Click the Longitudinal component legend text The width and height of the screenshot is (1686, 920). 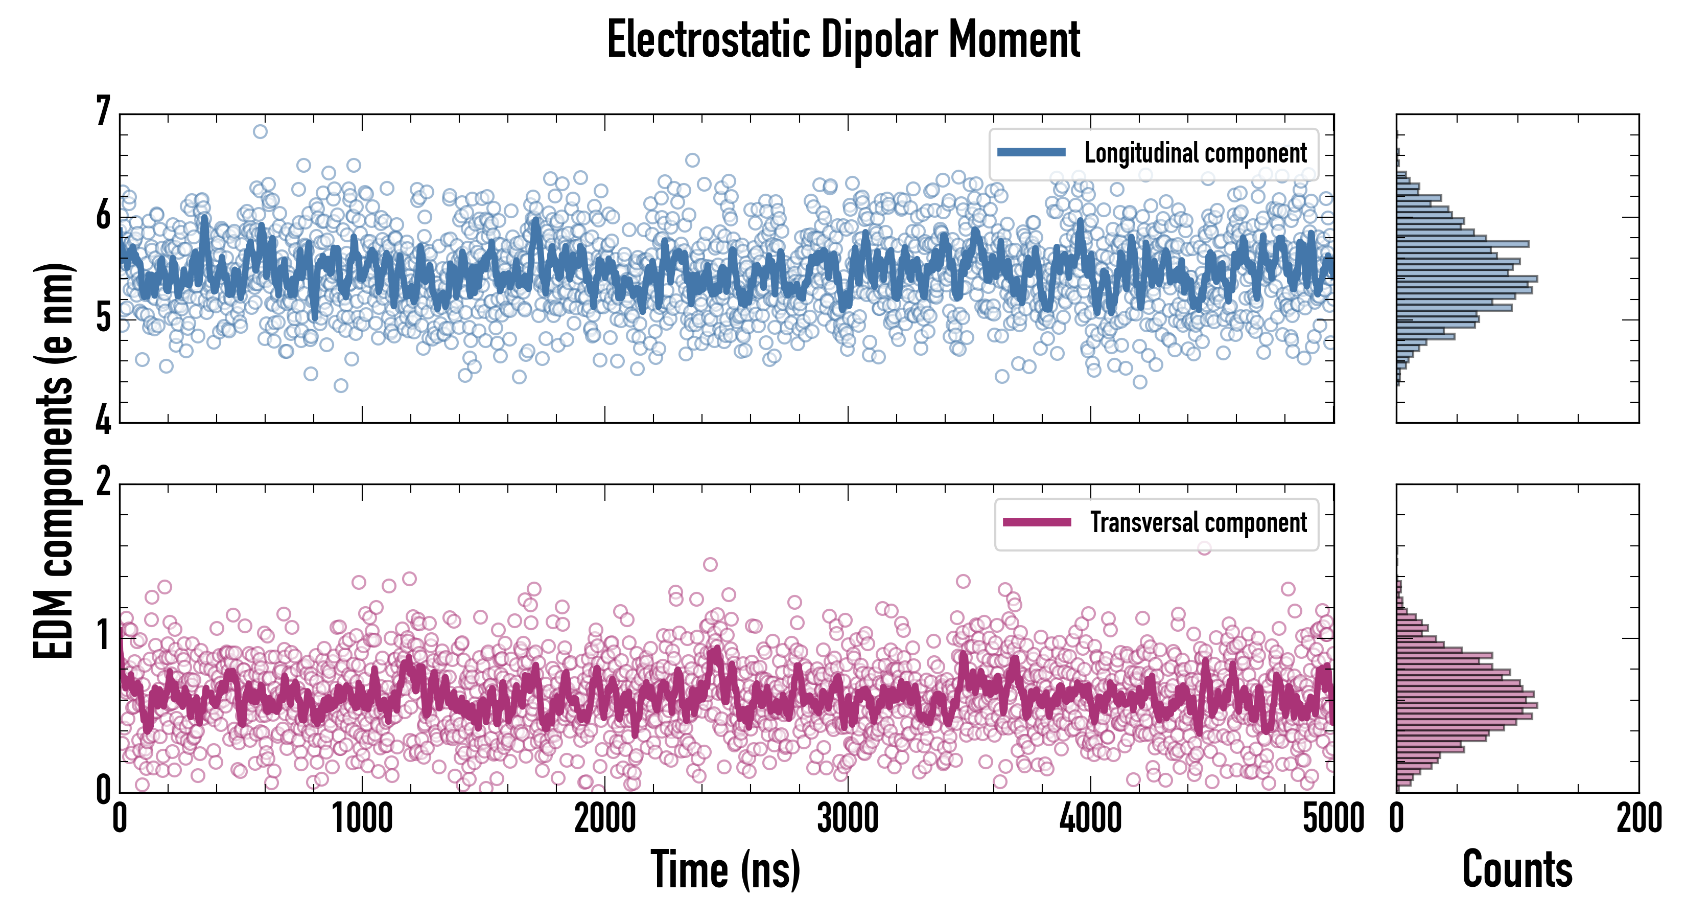[1195, 153]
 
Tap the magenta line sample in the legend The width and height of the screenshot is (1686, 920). [1037, 522]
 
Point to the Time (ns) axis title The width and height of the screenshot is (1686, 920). [725, 869]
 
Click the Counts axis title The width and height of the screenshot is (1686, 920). [1517, 869]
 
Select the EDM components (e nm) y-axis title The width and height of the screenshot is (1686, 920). [54, 461]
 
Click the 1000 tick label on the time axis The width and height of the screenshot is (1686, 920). [362, 818]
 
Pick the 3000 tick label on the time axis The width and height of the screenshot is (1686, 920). [848, 818]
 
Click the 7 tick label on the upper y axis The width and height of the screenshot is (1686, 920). [103, 111]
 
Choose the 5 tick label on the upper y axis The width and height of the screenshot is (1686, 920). [103, 319]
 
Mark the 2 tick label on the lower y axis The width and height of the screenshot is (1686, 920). [103, 482]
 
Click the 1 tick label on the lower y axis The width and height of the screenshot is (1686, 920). [103, 635]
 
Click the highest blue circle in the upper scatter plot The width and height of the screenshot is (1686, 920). [260, 132]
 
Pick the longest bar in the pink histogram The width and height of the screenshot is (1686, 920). [1467, 705]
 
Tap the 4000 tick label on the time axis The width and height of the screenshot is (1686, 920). [1090, 818]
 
